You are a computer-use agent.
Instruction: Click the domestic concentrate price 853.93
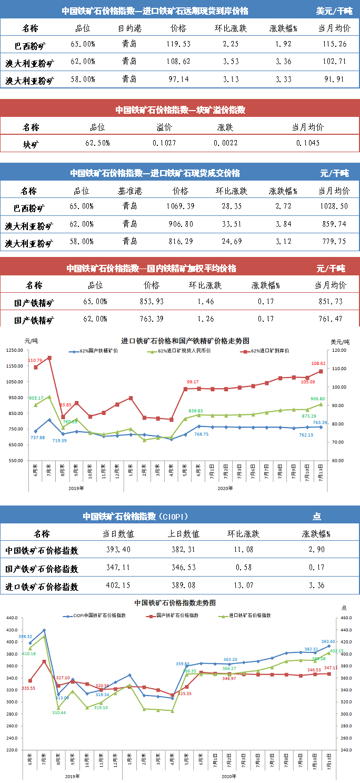pos(152,301)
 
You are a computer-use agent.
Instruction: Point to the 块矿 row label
pos(31,143)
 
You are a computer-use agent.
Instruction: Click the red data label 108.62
pos(319,363)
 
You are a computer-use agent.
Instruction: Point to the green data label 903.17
pos(35,399)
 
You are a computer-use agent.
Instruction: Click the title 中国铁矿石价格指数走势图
pos(175,602)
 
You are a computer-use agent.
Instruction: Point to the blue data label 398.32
pos(25,637)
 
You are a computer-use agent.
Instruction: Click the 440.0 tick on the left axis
pos(12,630)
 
